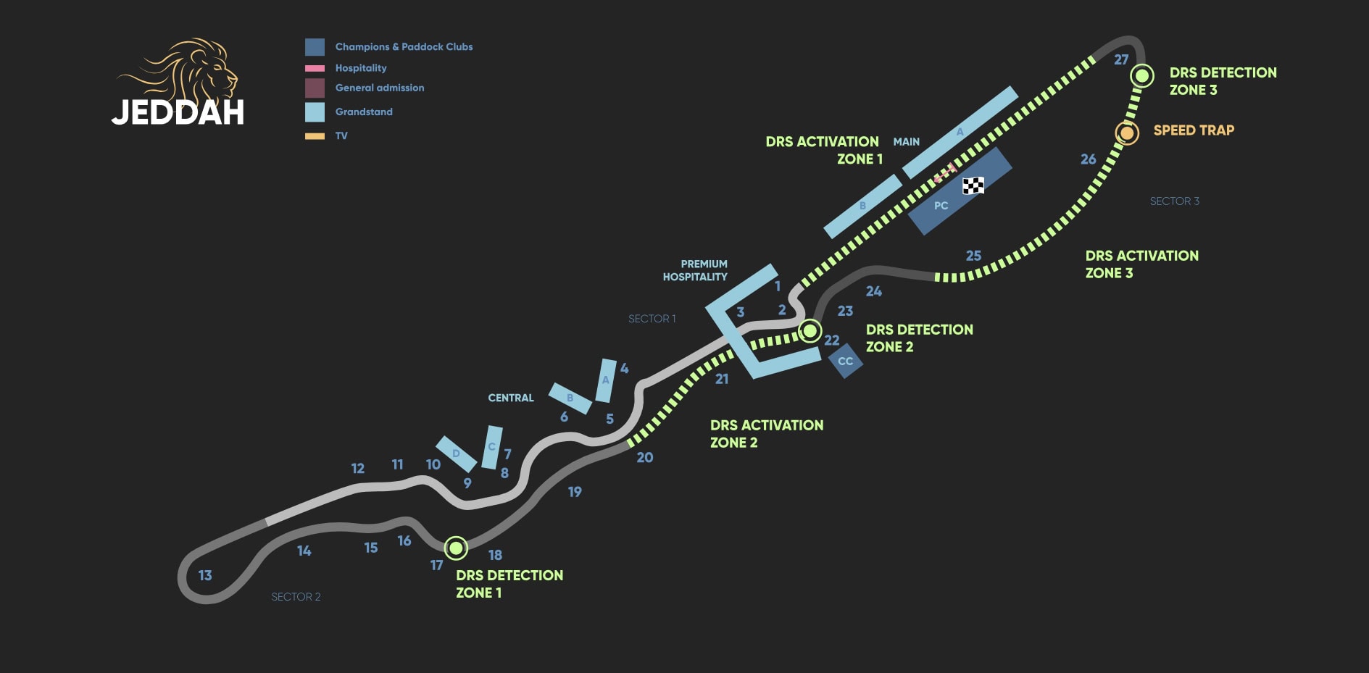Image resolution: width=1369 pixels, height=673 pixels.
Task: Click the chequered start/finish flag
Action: point(973,185)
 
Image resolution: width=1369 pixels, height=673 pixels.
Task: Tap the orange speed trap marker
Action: point(1126,133)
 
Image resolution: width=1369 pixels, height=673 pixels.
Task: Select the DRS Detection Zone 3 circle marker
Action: point(1142,75)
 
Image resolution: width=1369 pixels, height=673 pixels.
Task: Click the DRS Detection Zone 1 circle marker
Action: point(456,548)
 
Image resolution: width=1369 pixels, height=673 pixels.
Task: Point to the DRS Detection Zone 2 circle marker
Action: point(810,331)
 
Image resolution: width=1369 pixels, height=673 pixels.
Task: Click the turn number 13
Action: point(205,575)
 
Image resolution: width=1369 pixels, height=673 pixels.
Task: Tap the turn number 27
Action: point(1121,59)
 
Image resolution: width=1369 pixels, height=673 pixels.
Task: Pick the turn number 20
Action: point(644,457)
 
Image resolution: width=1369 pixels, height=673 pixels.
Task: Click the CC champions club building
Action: point(845,361)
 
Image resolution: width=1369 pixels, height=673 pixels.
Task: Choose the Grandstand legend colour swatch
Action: point(315,112)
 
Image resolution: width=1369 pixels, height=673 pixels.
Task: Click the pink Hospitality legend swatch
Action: point(315,68)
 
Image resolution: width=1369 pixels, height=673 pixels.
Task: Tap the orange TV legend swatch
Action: point(315,136)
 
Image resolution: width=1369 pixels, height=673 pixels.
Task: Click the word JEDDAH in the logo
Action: point(178,113)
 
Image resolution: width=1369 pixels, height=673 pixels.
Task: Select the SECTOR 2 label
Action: point(296,597)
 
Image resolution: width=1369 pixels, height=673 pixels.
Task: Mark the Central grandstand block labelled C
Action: point(492,447)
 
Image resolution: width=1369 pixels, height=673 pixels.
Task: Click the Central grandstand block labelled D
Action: point(456,454)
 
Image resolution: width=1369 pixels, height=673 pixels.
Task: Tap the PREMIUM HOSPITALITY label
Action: point(695,270)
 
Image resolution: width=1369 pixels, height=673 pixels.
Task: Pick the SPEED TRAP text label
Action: point(1194,130)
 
